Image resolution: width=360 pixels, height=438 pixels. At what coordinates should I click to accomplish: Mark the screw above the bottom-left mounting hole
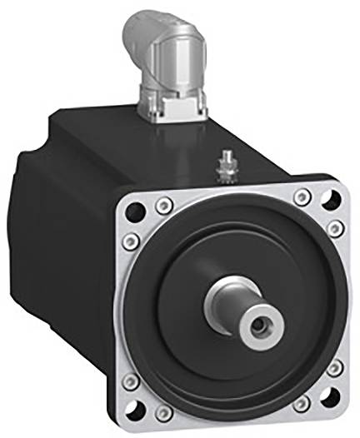131,381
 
